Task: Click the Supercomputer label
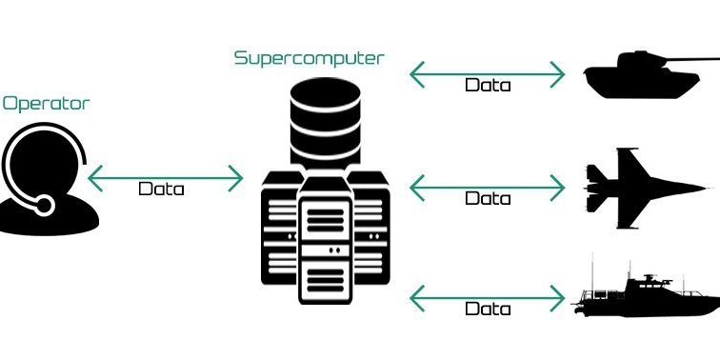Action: tap(310, 58)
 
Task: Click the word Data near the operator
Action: tap(161, 189)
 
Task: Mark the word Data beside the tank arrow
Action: tap(488, 85)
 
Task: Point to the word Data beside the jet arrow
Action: tap(488, 199)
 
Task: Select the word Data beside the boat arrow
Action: tap(488, 310)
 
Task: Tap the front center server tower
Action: tap(327, 243)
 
